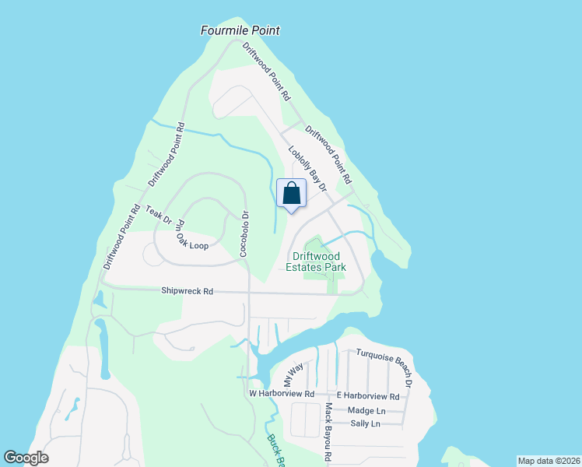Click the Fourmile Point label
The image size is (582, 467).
(x=240, y=30)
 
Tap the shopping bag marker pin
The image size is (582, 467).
(x=291, y=195)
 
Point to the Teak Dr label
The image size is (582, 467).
(x=158, y=215)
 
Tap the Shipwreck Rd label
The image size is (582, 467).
(x=187, y=291)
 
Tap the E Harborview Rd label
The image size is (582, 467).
(x=367, y=396)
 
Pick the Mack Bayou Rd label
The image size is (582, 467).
(x=329, y=432)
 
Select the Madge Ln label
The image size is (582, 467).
(x=366, y=410)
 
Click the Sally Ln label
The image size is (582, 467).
(x=365, y=423)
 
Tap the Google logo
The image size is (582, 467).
(x=26, y=458)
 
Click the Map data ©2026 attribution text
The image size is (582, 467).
(x=548, y=460)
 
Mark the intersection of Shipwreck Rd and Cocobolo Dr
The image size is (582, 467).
(x=248, y=293)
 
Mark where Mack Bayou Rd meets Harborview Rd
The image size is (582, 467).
(x=325, y=395)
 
